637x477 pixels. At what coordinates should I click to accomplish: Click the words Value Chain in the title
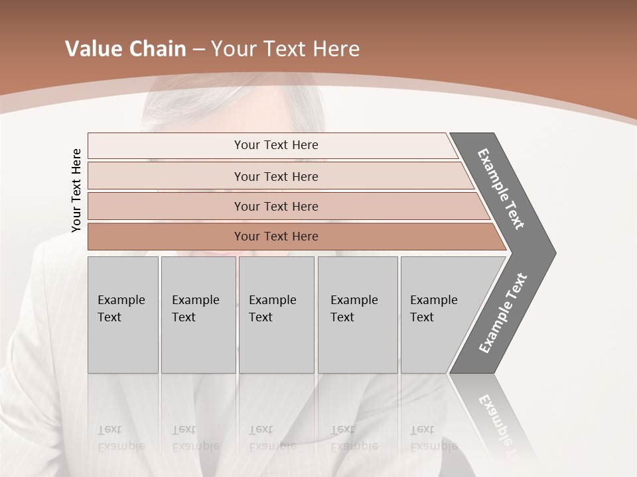[x=125, y=49]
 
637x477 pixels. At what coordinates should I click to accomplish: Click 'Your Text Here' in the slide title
[x=285, y=49]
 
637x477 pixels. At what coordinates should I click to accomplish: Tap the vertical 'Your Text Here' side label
[x=76, y=190]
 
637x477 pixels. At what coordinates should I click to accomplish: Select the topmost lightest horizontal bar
[x=275, y=145]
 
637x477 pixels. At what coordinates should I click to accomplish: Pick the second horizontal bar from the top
[x=275, y=176]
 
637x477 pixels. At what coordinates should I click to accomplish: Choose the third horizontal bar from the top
[x=275, y=206]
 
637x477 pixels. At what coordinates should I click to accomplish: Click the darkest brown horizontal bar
[x=275, y=237]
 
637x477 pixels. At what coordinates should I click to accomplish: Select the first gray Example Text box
[x=123, y=315]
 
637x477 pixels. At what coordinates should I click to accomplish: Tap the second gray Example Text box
[x=198, y=315]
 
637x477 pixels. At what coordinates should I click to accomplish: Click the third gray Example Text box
[x=276, y=315]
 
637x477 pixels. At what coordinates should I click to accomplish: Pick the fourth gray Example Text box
[x=357, y=315]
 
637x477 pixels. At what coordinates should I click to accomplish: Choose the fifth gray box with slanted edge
[x=438, y=315]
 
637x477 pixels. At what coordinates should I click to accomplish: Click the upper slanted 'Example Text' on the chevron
[x=501, y=189]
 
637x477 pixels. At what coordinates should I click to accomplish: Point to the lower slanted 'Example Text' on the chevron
[x=502, y=313]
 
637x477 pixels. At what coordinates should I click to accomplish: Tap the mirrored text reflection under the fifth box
[x=433, y=438]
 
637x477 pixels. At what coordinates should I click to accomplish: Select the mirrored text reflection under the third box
[x=272, y=438]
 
